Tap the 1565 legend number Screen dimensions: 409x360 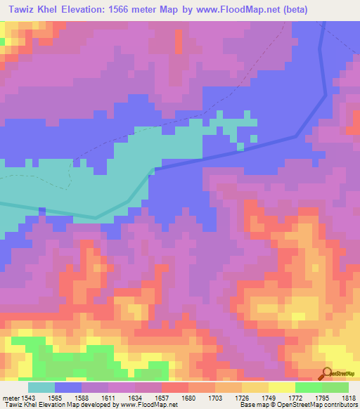click(x=63, y=397)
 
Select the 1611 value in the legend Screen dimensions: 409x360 click(x=118, y=397)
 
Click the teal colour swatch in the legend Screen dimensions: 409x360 click(x=41, y=387)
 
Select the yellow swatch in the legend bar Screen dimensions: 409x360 click(x=281, y=387)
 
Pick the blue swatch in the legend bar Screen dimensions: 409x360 click(x=68, y=387)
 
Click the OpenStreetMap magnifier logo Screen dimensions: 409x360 click(x=326, y=375)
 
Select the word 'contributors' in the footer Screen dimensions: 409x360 click(x=337, y=405)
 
